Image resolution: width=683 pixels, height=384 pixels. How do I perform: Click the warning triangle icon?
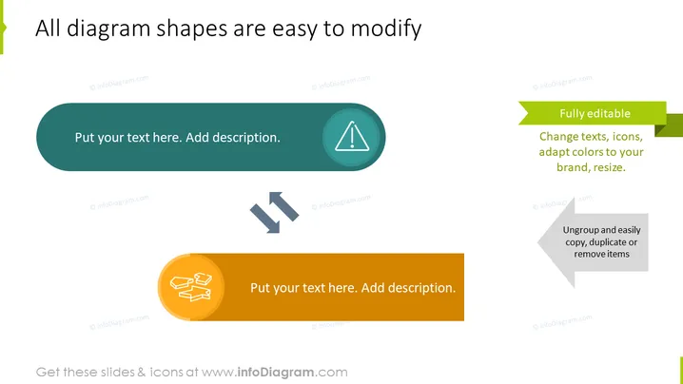(352, 136)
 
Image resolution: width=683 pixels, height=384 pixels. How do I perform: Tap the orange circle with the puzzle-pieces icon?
(191, 287)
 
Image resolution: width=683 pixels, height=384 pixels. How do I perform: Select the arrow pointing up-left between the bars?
(284, 205)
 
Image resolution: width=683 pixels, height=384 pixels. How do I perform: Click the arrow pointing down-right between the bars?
(264, 219)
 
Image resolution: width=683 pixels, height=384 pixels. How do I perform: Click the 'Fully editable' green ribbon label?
(595, 113)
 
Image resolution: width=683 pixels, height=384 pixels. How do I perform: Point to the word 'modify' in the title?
(386, 29)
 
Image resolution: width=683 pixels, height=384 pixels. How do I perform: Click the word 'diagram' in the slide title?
(108, 29)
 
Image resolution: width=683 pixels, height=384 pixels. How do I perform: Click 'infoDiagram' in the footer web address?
(276, 373)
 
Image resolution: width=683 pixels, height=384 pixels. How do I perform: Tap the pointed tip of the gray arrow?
(538, 242)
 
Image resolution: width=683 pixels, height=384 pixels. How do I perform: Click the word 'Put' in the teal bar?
(85, 138)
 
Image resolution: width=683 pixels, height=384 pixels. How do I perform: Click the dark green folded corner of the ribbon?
(661, 129)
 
